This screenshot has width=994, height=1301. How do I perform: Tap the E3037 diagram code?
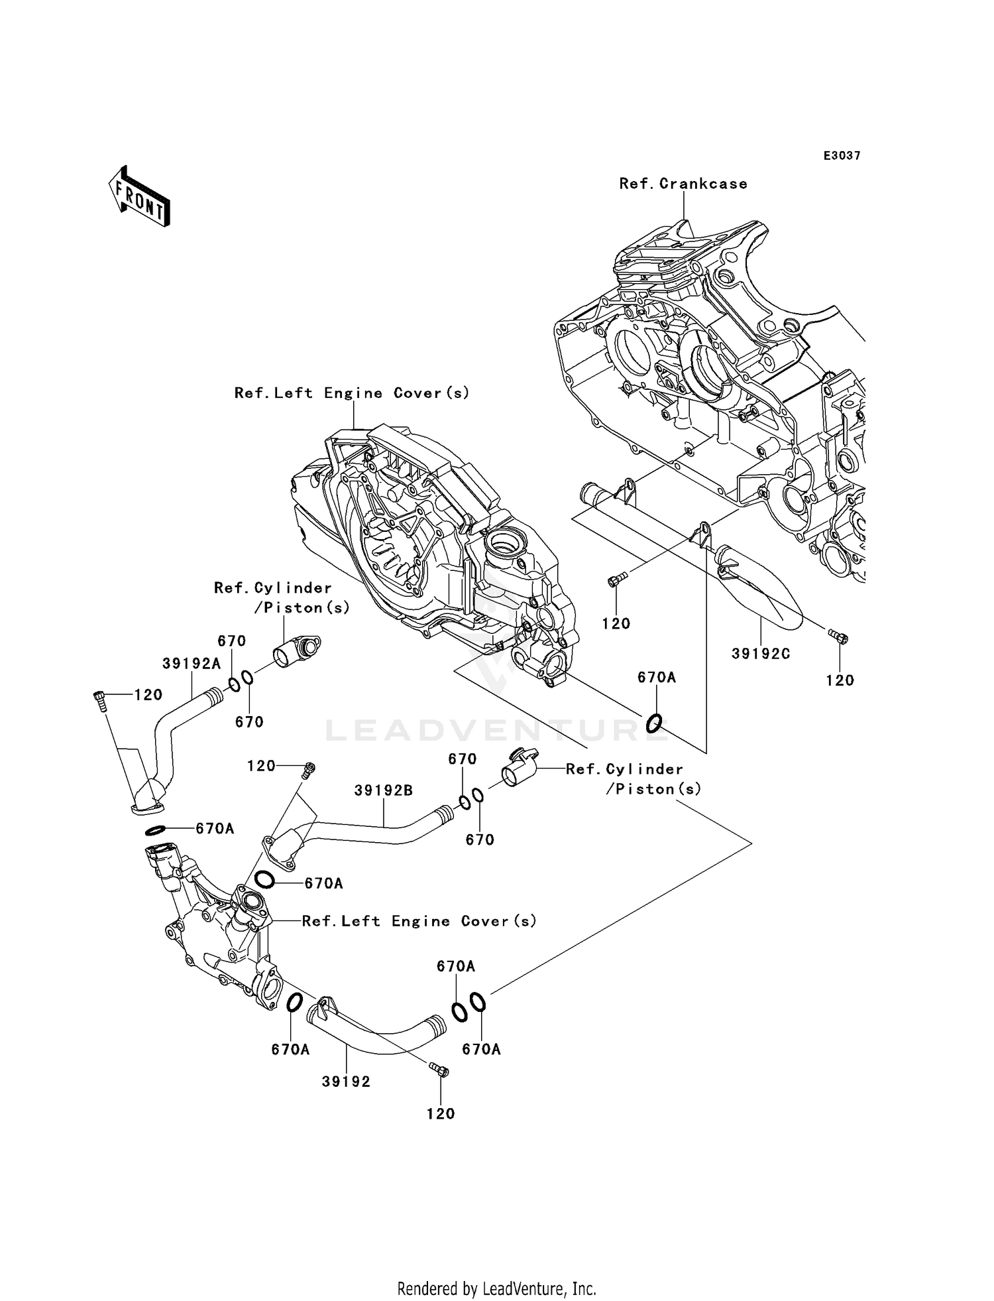[842, 156]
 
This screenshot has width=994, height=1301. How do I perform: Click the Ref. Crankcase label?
[683, 184]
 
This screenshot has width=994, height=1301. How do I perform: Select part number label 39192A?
[192, 664]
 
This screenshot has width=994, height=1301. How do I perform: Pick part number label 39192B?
[383, 790]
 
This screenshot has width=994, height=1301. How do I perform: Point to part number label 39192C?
[761, 654]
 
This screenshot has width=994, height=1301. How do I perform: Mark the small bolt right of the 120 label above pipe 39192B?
[308, 769]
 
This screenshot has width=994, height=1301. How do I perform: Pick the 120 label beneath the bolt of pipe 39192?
[441, 1113]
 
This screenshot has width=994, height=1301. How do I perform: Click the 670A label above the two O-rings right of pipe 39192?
[455, 967]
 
